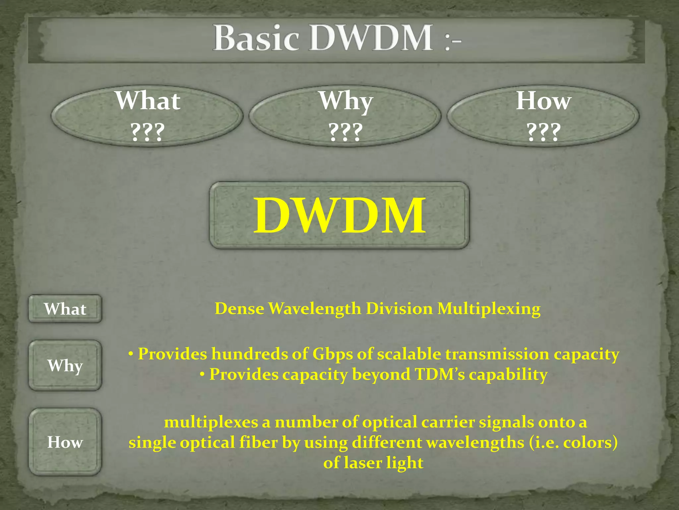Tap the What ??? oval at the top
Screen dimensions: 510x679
coord(147,116)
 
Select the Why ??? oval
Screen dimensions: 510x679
coord(345,116)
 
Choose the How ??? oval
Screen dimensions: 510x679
coord(543,116)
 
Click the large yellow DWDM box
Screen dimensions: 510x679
coord(339,215)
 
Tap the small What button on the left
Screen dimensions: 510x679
coord(65,309)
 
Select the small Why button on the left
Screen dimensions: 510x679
coord(65,365)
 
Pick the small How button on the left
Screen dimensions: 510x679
coord(65,442)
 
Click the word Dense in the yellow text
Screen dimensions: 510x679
coord(239,309)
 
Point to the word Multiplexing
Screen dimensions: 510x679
coord(489,309)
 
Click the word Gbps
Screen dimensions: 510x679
coord(333,354)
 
